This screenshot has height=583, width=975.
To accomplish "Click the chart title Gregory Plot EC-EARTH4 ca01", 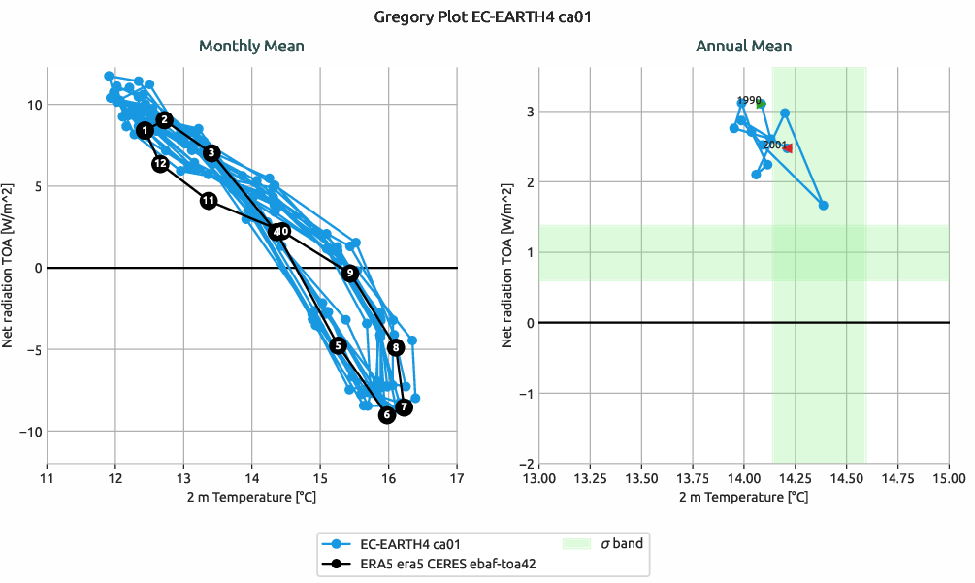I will point(487,16).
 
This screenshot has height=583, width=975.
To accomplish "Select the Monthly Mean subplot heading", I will point(251,46).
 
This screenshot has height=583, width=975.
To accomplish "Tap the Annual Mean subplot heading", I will point(743,46).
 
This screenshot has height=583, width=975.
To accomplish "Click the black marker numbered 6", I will point(387,415).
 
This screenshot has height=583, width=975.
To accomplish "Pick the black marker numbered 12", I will point(161,164).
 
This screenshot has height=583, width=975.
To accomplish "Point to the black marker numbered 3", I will point(211,152).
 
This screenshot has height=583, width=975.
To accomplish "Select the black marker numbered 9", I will point(350,274).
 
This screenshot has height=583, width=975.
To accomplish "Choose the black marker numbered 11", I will point(209,201).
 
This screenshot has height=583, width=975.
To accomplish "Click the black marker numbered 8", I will point(395,347).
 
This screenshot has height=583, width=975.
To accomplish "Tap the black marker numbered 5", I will point(338,345).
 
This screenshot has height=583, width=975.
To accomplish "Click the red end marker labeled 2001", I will point(788,148).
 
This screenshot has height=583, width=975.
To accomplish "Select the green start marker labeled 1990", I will point(761,104).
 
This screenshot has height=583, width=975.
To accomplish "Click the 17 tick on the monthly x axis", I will point(457,477).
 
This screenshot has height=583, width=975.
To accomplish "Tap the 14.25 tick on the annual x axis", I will point(796,477).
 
